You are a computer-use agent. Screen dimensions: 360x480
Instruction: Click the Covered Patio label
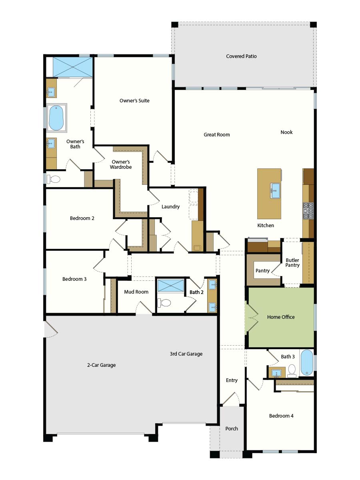coord(241,56)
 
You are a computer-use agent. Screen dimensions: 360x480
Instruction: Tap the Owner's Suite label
coord(134,100)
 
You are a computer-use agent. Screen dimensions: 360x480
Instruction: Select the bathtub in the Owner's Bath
coord(56,118)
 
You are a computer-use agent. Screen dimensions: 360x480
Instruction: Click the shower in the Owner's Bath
coord(72,67)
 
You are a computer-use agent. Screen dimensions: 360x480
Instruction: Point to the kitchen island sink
coord(275,191)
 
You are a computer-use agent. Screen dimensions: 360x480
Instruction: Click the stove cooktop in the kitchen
coord(308,211)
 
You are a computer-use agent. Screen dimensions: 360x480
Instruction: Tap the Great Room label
coord(217,135)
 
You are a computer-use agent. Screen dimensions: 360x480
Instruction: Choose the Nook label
coord(286,132)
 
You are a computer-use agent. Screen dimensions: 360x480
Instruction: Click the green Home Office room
coord(281,317)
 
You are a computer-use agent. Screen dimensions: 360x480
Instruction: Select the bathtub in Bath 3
coord(307,362)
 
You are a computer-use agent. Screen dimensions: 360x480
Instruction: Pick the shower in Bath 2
coord(171,285)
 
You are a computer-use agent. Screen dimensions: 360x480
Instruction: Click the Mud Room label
coord(136,292)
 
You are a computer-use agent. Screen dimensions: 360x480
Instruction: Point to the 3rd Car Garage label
coord(186,354)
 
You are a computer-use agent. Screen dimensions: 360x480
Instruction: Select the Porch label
coord(232,429)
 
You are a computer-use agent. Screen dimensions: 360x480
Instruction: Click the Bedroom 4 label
coord(281,416)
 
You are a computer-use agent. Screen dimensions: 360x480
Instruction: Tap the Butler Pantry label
coord(292,263)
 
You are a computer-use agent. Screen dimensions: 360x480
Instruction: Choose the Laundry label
coord(170,207)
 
